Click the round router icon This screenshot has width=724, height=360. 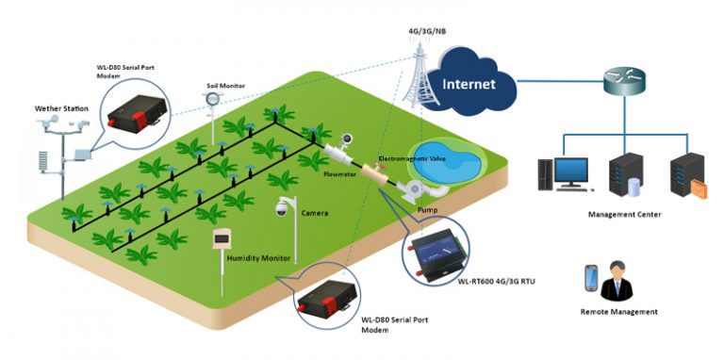[x=624, y=82]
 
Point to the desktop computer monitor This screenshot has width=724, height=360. [x=569, y=171]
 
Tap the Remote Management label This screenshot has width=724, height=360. [x=619, y=311]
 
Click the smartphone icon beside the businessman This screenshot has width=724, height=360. [x=591, y=278]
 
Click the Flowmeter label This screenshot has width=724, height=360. [x=339, y=174]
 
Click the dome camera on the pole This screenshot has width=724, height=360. [x=281, y=210]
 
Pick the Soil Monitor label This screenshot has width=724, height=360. [x=225, y=86]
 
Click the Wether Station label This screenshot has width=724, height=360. [x=61, y=109]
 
